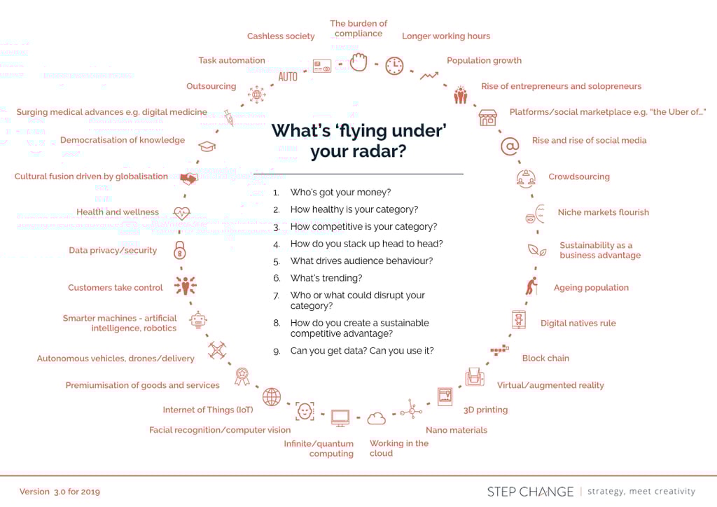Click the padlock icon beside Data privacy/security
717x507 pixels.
(180, 250)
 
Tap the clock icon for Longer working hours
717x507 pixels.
(394, 66)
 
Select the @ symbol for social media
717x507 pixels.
(510, 146)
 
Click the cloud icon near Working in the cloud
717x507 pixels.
(376, 418)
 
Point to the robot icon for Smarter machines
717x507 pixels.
(198, 320)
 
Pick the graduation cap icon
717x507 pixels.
(207, 146)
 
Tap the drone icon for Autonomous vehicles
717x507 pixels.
(217, 351)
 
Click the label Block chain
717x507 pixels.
(545, 359)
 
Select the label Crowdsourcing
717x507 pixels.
(579, 177)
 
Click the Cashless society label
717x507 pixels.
(281, 36)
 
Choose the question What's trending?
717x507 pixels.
(326, 278)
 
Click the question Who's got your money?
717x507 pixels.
(341, 193)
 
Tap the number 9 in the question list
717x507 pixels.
(277, 351)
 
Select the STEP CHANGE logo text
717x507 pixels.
(530, 492)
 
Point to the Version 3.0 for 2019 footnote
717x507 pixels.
(60, 492)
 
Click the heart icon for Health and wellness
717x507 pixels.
(181, 213)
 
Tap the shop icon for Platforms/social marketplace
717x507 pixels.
(487, 118)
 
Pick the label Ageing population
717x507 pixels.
(591, 288)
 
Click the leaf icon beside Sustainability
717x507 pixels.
(537, 250)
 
